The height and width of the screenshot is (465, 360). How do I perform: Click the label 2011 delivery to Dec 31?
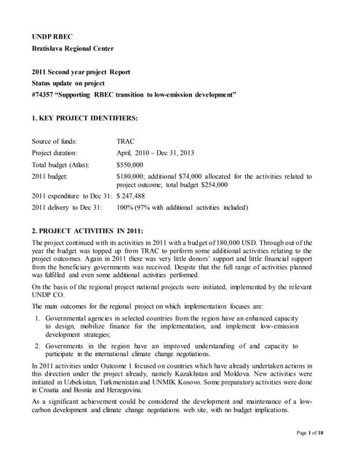[71, 208]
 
